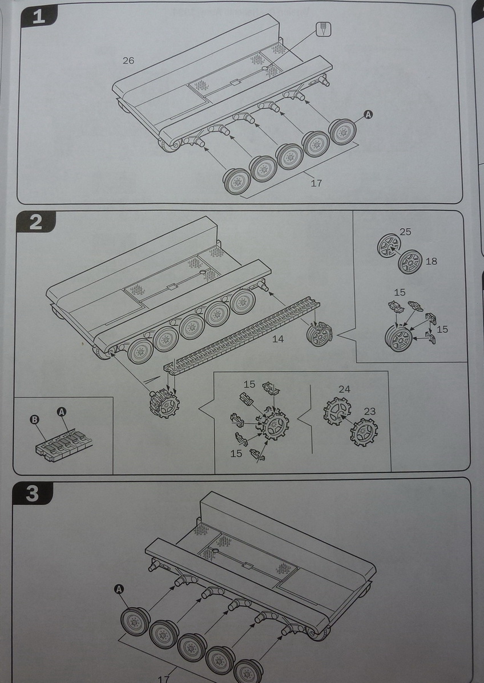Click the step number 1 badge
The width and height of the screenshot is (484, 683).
[x=39, y=17]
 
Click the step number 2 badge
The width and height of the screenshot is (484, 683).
[x=35, y=221]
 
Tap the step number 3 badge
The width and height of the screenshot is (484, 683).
[x=33, y=493]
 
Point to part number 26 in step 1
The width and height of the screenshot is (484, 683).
[x=128, y=60]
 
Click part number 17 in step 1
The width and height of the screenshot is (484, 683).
[x=317, y=183]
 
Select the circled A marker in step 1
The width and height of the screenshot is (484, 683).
[x=368, y=115]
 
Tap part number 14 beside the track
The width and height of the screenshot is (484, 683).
[x=278, y=339]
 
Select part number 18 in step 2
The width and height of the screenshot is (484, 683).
[x=431, y=261]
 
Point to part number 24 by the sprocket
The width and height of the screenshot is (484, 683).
[x=344, y=389]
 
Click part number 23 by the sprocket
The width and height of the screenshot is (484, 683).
[x=370, y=410]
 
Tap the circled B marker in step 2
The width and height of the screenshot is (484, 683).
[x=34, y=420]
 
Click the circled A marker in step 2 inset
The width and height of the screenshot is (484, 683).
[x=62, y=412]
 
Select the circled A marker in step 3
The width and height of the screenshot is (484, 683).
[x=119, y=589]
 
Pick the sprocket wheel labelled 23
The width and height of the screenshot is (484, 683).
[x=364, y=432]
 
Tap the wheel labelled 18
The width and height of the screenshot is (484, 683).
[x=410, y=262]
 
